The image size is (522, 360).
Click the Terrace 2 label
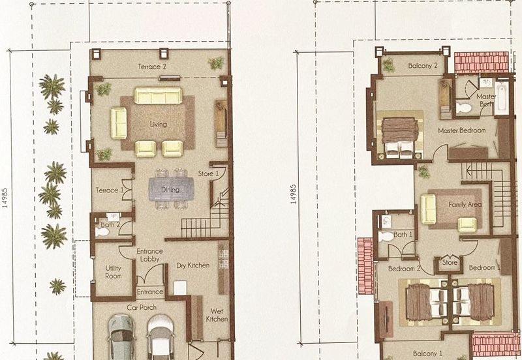[x=152, y=67]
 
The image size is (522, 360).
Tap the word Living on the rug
[x=158, y=125]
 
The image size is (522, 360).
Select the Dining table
[x=171, y=189]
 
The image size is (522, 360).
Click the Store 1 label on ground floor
[x=208, y=173]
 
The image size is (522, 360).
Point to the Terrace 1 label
[x=107, y=190]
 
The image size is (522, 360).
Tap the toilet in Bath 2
[x=102, y=232]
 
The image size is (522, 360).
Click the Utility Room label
[x=113, y=272]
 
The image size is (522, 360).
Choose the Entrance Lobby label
[x=150, y=255]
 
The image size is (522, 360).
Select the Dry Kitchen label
[x=193, y=265]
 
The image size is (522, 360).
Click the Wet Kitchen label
[x=217, y=315]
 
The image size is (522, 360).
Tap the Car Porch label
[x=142, y=307]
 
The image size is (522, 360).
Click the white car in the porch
[x=161, y=337]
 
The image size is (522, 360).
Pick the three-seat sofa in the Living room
[x=158, y=95]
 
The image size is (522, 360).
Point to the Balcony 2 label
[x=423, y=66]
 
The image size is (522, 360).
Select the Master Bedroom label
[x=462, y=130]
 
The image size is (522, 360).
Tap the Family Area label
[x=465, y=205]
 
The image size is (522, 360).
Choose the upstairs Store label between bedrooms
[x=450, y=262]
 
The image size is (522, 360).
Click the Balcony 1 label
[x=428, y=353]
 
